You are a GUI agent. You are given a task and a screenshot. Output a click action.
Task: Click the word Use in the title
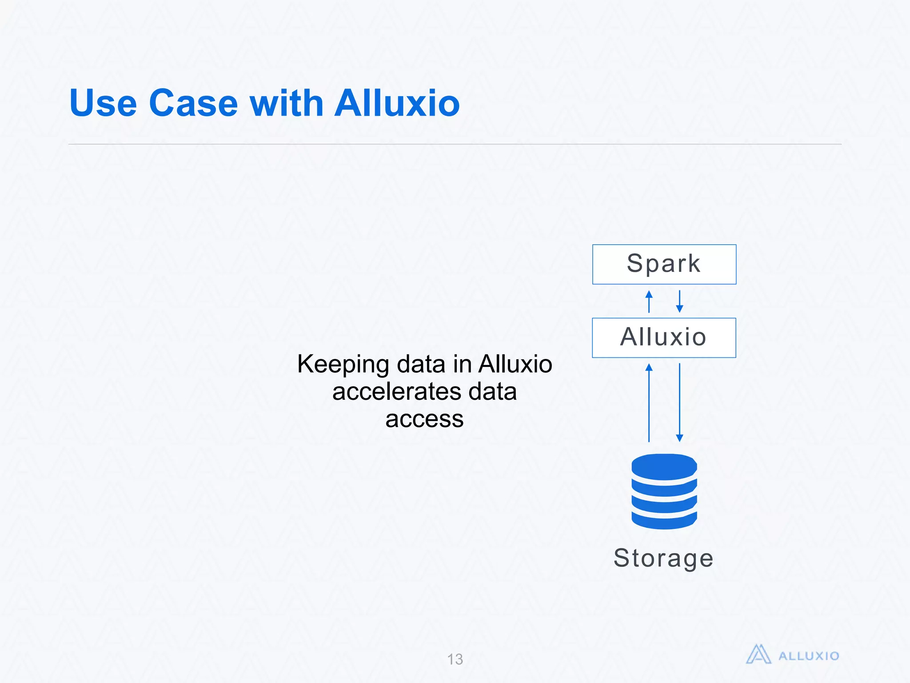click(x=103, y=103)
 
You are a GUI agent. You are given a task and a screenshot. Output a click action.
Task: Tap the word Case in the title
click(x=194, y=103)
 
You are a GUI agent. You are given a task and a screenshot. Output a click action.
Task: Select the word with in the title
click(x=287, y=103)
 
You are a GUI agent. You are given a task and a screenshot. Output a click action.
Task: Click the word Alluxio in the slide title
click(x=397, y=103)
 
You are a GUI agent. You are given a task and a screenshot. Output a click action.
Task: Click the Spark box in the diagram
click(x=664, y=264)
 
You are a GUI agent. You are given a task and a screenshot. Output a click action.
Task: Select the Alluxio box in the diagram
click(x=664, y=337)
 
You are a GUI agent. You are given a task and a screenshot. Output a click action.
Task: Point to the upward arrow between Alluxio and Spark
click(x=649, y=301)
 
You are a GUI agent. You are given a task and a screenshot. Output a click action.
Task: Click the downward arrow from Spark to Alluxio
click(x=679, y=301)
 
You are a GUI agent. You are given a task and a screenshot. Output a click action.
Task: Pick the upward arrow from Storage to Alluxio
click(x=649, y=402)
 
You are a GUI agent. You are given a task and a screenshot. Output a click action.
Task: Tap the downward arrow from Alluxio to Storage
click(x=679, y=402)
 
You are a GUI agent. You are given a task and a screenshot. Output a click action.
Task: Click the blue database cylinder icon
click(x=664, y=491)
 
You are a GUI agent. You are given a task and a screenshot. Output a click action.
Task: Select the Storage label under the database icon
click(x=663, y=558)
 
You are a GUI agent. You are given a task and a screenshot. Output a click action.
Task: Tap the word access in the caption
click(x=424, y=419)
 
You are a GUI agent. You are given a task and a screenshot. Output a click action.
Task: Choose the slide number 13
click(x=455, y=659)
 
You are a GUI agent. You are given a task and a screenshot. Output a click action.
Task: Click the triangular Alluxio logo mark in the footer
click(x=758, y=655)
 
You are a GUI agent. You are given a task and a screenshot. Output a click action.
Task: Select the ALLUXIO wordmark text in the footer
click(x=809, y=656)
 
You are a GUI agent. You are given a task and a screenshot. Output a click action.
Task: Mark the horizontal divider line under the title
click(x=455, y=144)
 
